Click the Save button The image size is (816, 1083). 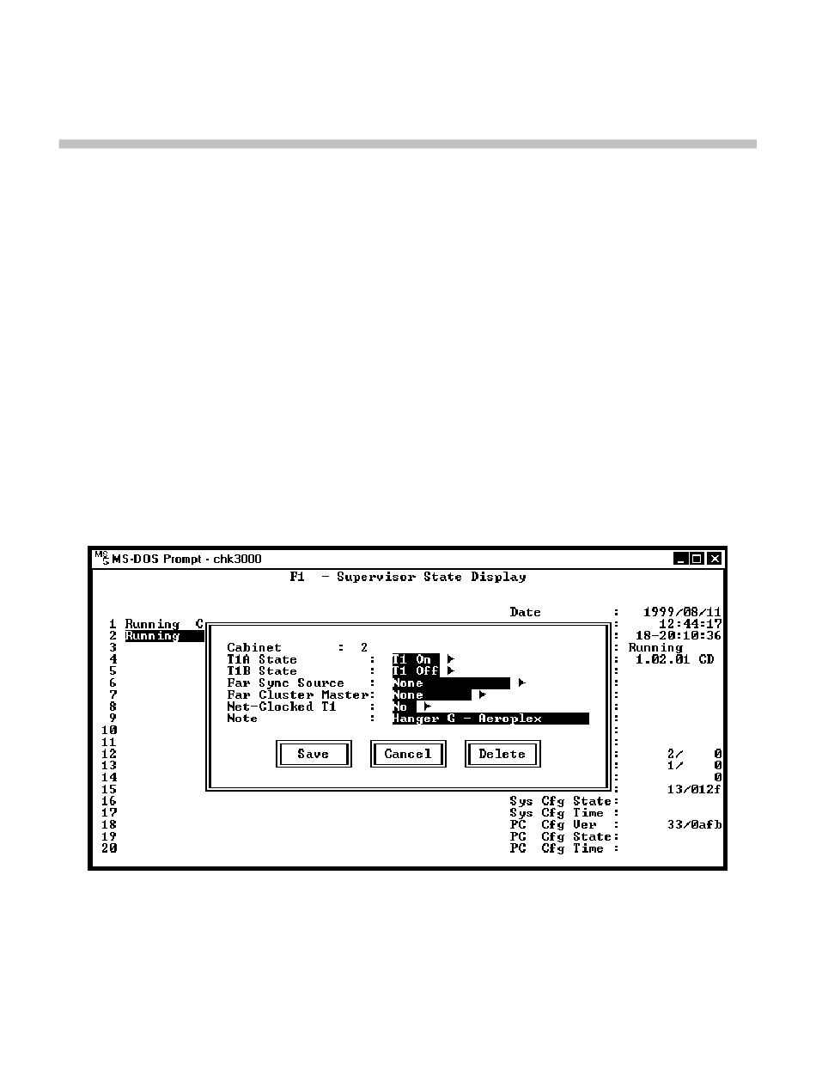314,755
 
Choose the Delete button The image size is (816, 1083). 502,755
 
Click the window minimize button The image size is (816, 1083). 682,559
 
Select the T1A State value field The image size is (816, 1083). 416,659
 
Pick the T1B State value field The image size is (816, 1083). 416,671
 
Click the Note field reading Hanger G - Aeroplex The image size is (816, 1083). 490,719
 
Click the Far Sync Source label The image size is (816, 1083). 285,683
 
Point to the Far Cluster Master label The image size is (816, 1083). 297,695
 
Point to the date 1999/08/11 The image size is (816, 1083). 682,613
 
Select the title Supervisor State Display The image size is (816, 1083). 431,577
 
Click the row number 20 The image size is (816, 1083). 109,848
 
